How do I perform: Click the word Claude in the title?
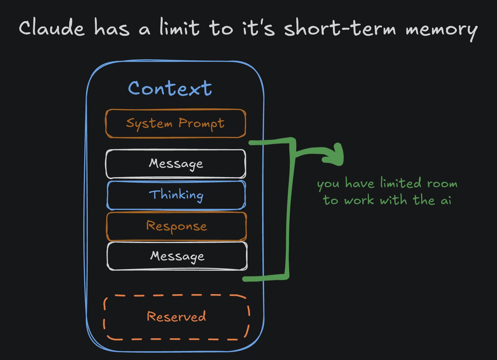[52, 29]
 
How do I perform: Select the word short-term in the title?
[340, 29]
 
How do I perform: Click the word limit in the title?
[179, 28]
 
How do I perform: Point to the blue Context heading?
[170, 88]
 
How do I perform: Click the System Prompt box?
[175, 124]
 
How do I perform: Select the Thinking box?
[176, 195]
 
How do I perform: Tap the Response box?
[176, 226]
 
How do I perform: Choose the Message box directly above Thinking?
[176, 164]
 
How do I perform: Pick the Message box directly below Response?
[177, 256]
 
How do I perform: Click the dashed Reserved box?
[176, 317]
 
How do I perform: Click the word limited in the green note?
[401, 184]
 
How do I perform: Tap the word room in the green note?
[442, 184]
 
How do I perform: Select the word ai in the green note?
[446, 200]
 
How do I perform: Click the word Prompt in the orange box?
[201, 124]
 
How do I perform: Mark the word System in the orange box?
[149, 124]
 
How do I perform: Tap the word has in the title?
[112, 29]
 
